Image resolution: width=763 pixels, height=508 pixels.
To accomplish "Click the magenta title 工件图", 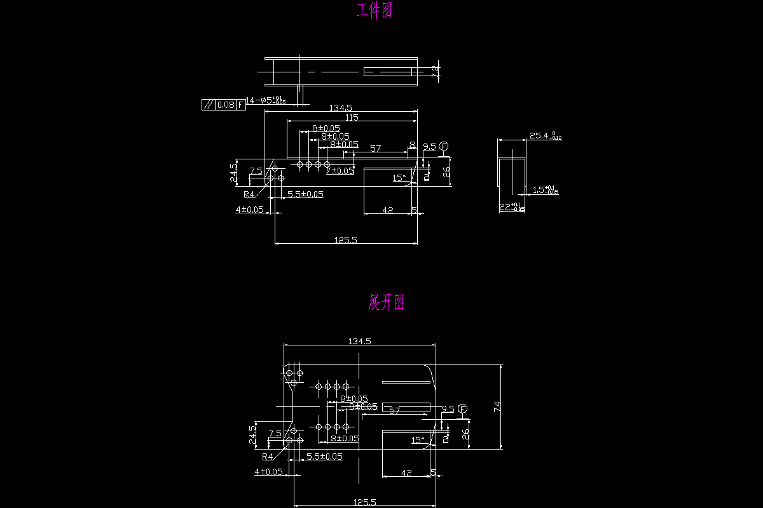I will point(375,11).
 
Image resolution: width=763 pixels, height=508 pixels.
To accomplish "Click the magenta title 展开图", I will point(386,302).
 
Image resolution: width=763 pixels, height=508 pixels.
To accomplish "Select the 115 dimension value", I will point(352,117).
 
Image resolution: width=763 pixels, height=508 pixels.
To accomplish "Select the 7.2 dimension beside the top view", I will point(436,71).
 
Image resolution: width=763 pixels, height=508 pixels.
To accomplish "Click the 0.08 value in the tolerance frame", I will point(226,105).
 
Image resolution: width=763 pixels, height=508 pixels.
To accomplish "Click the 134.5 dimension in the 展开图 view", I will point(359,341).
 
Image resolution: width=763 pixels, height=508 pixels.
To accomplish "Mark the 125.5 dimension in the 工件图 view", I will point(345,239).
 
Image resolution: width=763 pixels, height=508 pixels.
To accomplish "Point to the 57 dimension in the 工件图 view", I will point(375,149).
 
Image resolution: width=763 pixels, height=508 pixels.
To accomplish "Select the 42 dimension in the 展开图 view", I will point(407,472).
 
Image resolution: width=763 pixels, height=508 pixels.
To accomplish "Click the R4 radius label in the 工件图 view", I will point(249,194).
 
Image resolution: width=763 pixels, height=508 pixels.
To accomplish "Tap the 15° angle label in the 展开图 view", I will point(418,439).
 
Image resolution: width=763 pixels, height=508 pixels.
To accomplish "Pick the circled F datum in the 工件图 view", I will point(443,147).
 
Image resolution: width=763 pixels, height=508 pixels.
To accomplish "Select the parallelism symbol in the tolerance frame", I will point(207,105).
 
